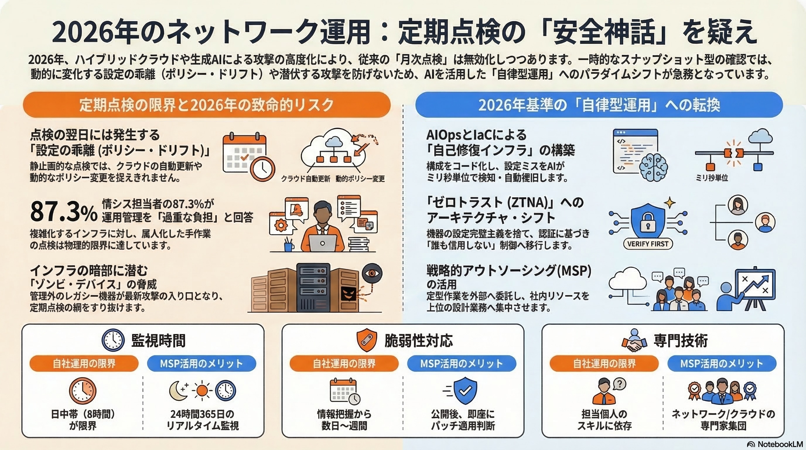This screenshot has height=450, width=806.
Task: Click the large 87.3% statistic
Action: tap(64, 212)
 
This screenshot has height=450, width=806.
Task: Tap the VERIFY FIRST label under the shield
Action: tap(648, 244)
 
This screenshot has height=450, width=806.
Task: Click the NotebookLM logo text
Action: tap(776, 444)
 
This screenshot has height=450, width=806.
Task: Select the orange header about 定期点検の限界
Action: tap(206, 105)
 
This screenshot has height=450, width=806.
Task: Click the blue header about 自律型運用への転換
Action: tap(599, 105)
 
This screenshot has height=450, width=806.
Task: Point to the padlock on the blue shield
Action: tap(647, 222)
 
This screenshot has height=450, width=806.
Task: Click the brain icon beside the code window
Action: tap(654, 166)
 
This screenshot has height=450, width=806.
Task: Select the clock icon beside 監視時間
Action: tap(113, 340)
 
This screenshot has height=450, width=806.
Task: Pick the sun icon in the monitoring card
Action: tap(202, 391)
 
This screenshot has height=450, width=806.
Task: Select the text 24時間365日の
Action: tap(202, 414)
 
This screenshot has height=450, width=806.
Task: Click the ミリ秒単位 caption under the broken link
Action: tap(712, 178)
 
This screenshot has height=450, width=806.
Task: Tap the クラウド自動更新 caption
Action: tap(305, 179)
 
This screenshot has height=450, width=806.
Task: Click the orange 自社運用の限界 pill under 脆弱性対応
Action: tap(344, 363)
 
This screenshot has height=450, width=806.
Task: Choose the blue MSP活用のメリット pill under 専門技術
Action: tap(722, 363)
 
